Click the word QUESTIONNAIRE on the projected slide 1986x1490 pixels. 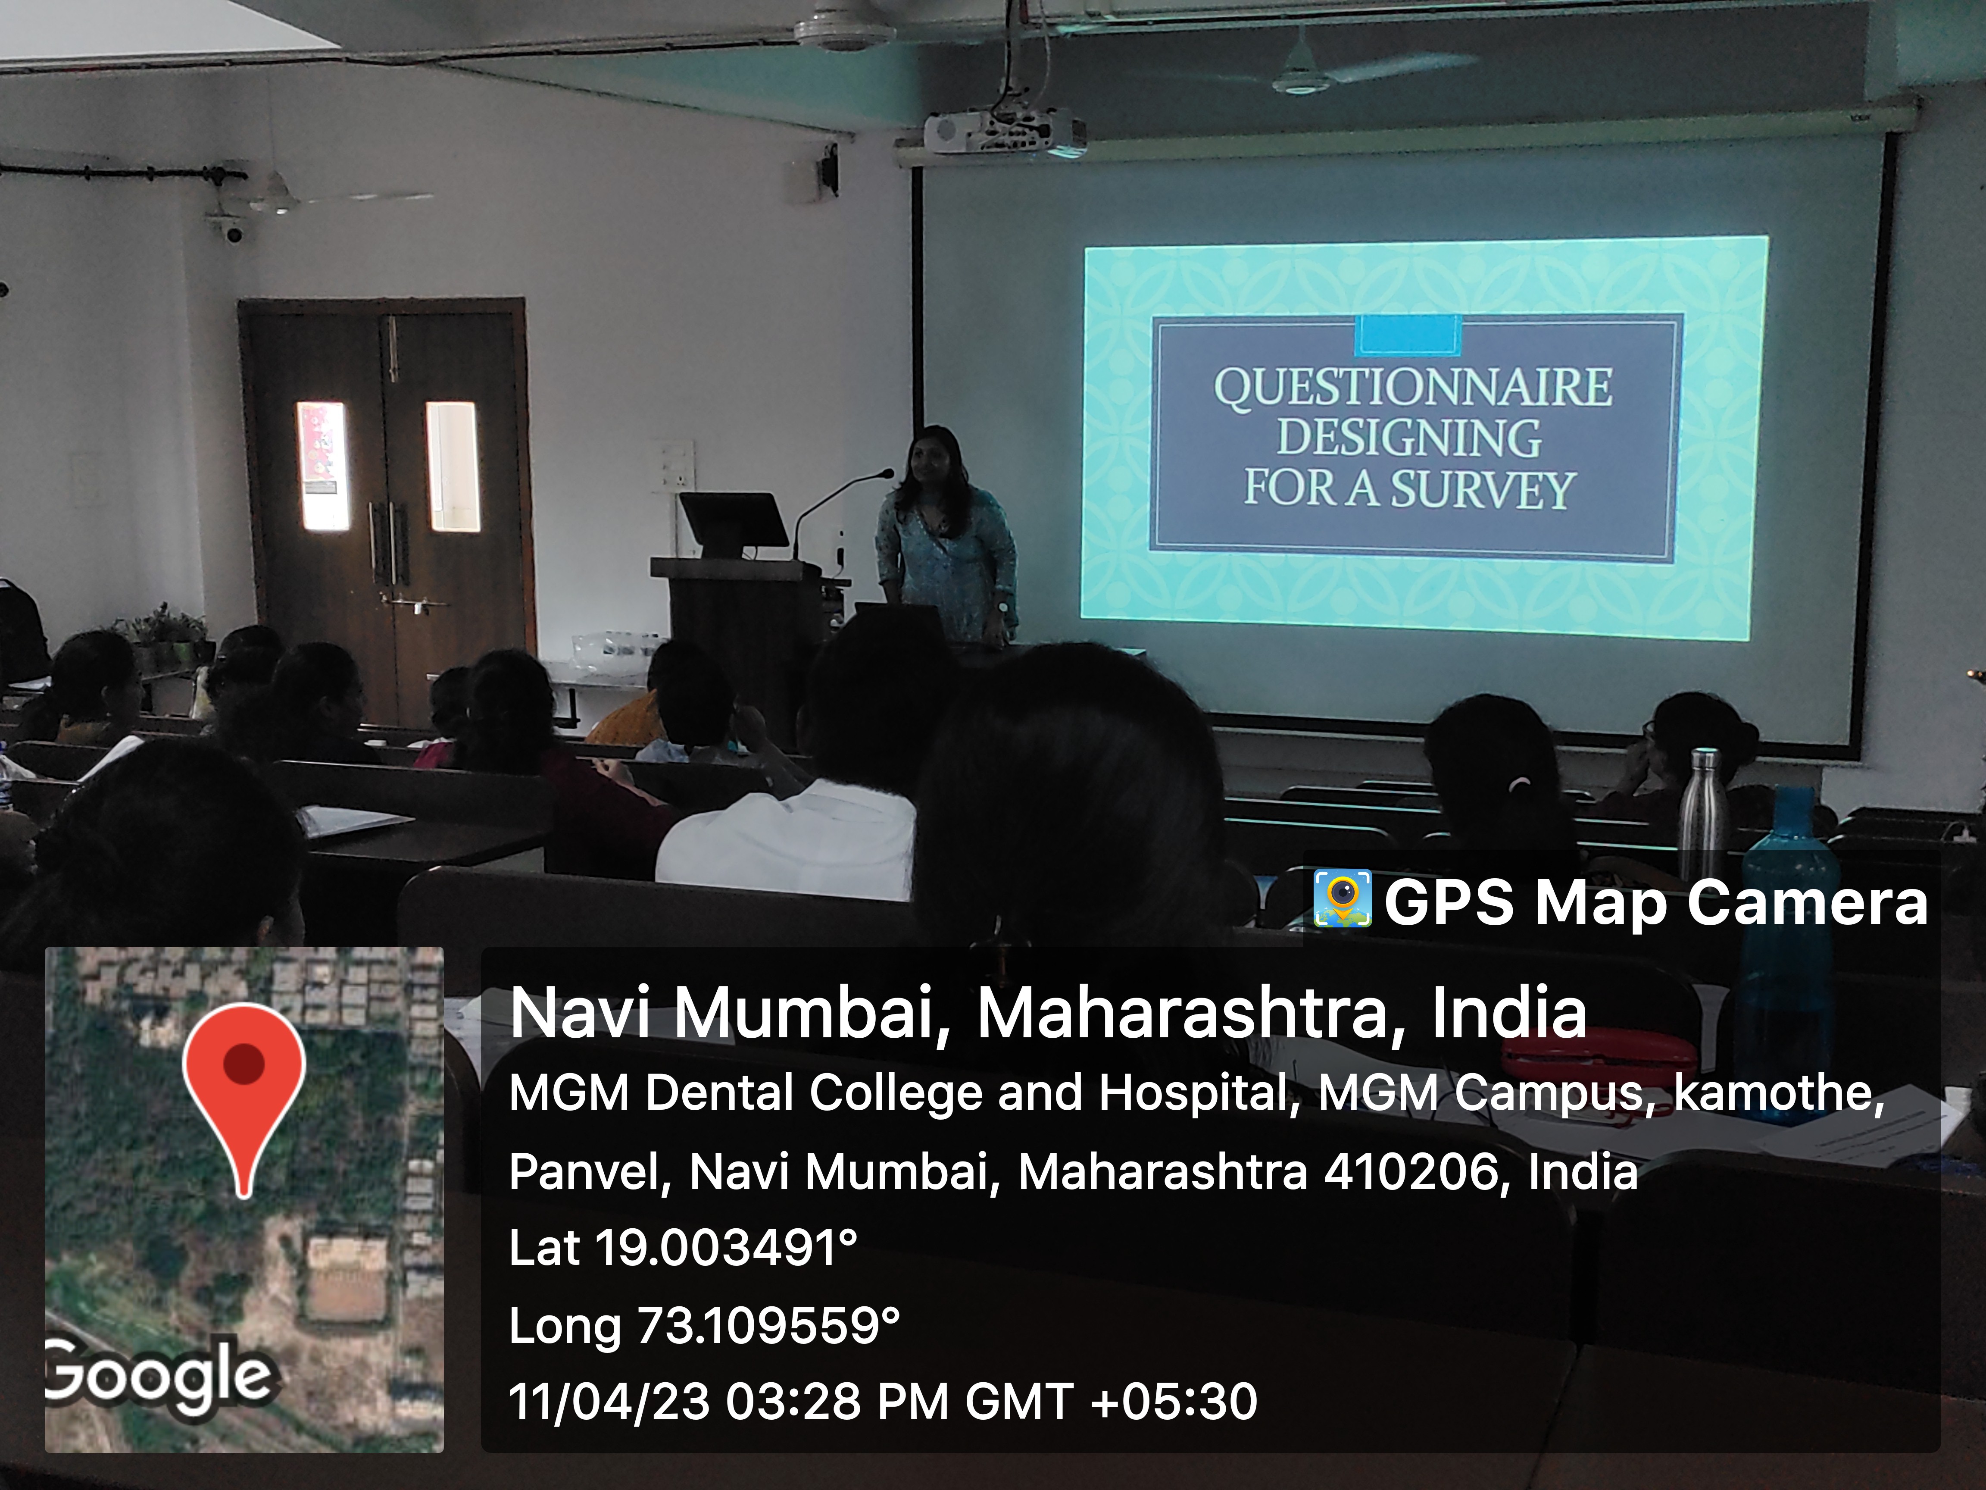[1413, 388]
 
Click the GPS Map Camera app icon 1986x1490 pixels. [1342, 898]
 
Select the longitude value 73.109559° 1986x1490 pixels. [768, 1326]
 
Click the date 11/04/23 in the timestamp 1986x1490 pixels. [609, 1402]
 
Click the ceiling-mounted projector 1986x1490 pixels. [1005, 133]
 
